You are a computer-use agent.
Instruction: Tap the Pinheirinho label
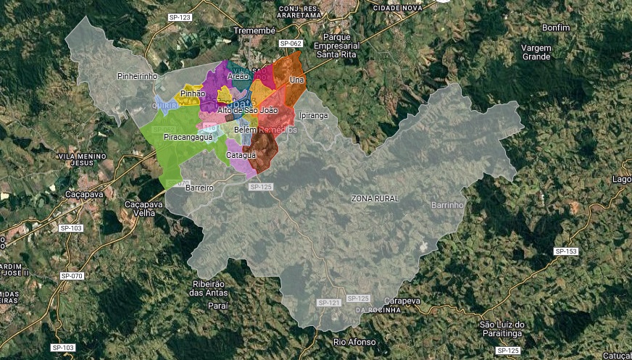137,76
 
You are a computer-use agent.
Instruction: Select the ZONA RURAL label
375,198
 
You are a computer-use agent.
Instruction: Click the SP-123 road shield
179,17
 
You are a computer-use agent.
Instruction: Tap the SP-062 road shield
291,43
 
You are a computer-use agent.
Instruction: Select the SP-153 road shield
565,251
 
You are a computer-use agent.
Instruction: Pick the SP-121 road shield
328,302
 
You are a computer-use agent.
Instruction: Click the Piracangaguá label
188,137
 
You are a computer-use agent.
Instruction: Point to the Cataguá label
241,155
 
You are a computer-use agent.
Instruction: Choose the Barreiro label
199,188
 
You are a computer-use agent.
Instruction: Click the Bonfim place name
557,28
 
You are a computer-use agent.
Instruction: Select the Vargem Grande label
536,52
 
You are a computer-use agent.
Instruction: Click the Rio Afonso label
354,341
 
